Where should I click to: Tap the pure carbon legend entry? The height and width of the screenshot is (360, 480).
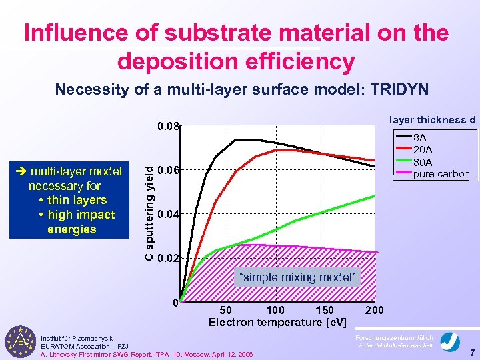(x=441, y=174)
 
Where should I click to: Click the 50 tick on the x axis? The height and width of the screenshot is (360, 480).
(x=226, y=310)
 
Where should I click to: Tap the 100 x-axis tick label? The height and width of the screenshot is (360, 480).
(x=275, y=310)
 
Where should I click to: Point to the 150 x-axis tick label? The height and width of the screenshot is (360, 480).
(x=324, y=310)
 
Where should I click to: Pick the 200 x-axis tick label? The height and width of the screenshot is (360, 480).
(x=375, y=310)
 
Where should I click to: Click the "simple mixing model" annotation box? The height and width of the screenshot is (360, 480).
(x=297, y=277)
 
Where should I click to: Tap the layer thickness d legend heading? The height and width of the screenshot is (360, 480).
(x=432, y=120)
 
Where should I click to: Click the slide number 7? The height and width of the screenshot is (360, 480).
(x=471, y=351)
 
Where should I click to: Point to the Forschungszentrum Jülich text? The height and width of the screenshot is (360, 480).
(x=394, y=337)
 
